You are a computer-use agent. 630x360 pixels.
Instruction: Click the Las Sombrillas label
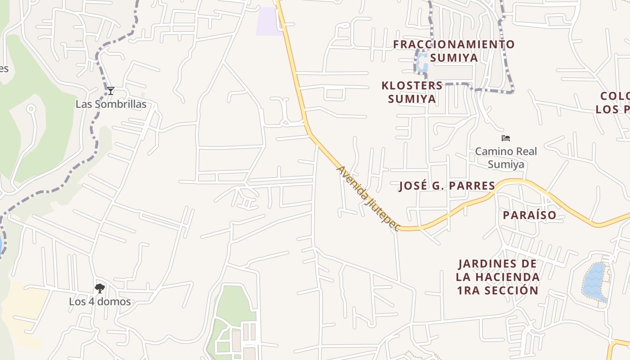111,104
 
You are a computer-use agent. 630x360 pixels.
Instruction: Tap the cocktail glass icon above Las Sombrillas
111,91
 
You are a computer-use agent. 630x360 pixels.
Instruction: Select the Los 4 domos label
100,301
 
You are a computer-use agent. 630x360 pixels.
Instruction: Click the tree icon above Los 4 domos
100,288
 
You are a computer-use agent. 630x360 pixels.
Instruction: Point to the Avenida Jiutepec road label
368,198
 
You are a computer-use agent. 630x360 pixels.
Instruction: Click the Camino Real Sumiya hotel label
506,157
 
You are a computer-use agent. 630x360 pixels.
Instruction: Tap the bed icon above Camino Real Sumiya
506,138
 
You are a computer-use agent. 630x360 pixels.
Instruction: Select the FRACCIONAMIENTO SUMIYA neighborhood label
454,51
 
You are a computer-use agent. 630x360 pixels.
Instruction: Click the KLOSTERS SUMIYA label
412,92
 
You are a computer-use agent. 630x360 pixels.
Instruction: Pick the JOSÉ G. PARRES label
447,186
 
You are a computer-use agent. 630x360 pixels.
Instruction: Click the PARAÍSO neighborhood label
530,215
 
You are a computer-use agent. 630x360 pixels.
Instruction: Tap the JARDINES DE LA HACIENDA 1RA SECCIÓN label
498,277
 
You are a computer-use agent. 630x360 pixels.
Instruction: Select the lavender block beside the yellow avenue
269,21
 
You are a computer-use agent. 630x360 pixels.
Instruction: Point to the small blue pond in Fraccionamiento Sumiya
422,63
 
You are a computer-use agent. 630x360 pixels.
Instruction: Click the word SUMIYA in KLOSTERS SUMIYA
412,99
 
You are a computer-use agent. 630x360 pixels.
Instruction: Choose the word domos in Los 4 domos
114,301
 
